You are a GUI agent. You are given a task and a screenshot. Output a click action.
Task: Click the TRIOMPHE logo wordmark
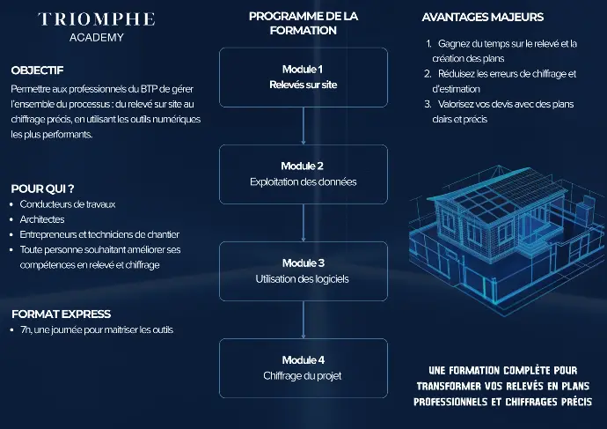[96, 18]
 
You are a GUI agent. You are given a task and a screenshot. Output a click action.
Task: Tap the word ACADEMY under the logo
[96, 38]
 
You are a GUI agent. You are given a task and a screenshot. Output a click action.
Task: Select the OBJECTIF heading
[37, 70]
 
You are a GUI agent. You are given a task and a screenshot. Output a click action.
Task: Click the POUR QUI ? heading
[41, 189]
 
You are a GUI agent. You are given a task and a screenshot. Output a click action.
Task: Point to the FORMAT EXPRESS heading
[61, 314]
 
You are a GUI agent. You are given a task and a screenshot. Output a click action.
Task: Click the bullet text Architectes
[41, 219]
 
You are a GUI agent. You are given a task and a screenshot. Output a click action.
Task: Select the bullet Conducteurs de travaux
[68, 204]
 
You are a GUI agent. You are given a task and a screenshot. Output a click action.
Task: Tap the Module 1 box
[303, 78]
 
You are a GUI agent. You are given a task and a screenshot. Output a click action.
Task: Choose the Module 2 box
[303, 174]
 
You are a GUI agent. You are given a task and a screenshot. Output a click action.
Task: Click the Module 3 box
[303, 271]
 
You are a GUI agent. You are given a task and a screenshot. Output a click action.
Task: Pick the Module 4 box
[303, 368]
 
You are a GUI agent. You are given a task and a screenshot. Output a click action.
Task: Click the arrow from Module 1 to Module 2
[303, 126]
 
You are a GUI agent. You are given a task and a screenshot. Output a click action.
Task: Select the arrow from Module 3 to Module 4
[303, 320]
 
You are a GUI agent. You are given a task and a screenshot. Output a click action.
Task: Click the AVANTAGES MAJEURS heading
[483, 17]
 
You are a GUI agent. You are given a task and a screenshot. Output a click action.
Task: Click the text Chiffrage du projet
[303, 376]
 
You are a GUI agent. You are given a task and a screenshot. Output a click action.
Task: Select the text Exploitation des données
[303, 182]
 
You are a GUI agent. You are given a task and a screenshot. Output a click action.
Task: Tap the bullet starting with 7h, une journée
[97, 330]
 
